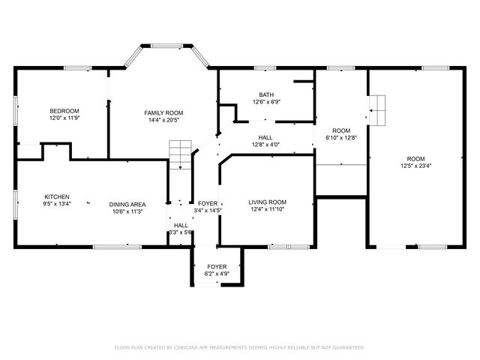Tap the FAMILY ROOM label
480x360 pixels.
[163, 112]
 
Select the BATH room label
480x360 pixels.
[266, 94]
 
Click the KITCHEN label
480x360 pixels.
[57, 196]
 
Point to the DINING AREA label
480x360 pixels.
[127, 204]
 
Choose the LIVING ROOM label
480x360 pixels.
[268, 202]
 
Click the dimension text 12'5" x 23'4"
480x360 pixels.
[415, 166]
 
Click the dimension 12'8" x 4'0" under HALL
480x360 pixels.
[265, 145]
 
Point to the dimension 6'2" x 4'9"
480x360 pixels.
[217, 274]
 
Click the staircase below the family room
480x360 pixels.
[180, 154]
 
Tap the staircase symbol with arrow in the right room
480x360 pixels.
[379, 110]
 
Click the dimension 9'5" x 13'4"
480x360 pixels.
[57, 204]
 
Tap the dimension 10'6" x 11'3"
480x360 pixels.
[127, 211]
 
